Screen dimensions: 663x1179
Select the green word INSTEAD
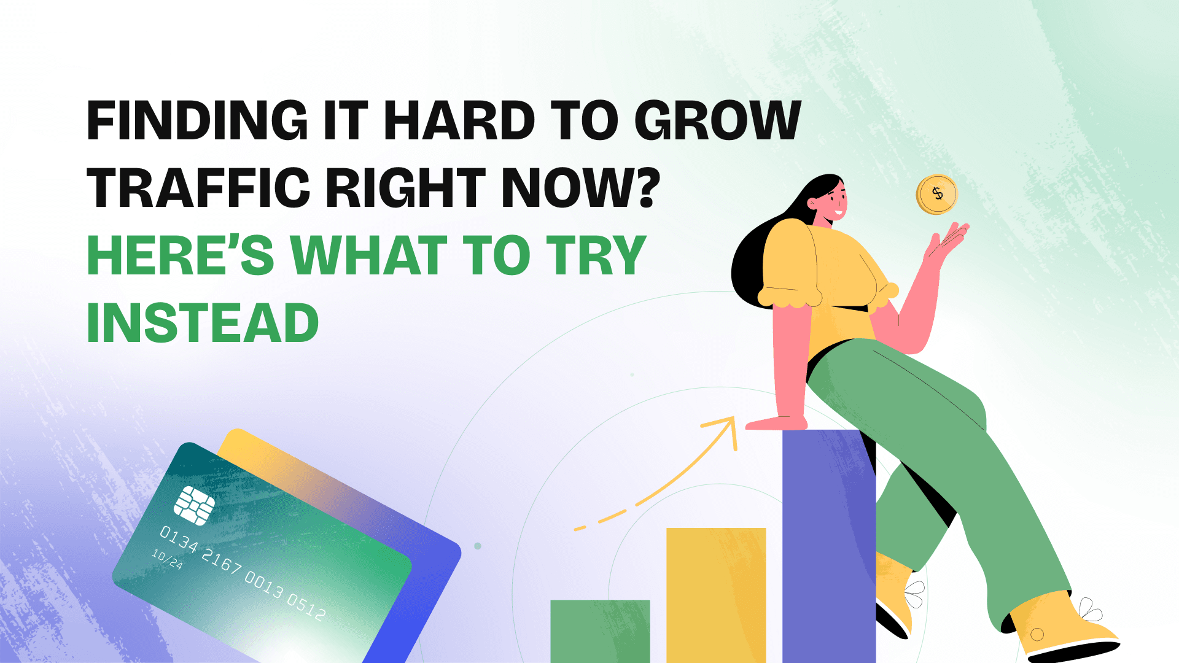pyautogui.click(x=203, y=323)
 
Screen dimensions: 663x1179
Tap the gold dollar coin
pyautogui.click(x=936, y=195)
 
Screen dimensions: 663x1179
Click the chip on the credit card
pyautogui.click(x=194, y=505)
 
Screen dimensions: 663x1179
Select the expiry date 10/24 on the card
pyautogui.click(x=167, y=559)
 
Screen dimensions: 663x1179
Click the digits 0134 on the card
pyautogui.click(x=179, y=539)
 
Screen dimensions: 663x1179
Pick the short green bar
pyautogui.click(x=599, y=630)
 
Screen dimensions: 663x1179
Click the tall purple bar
pyautogui.click(x=828, y=546)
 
